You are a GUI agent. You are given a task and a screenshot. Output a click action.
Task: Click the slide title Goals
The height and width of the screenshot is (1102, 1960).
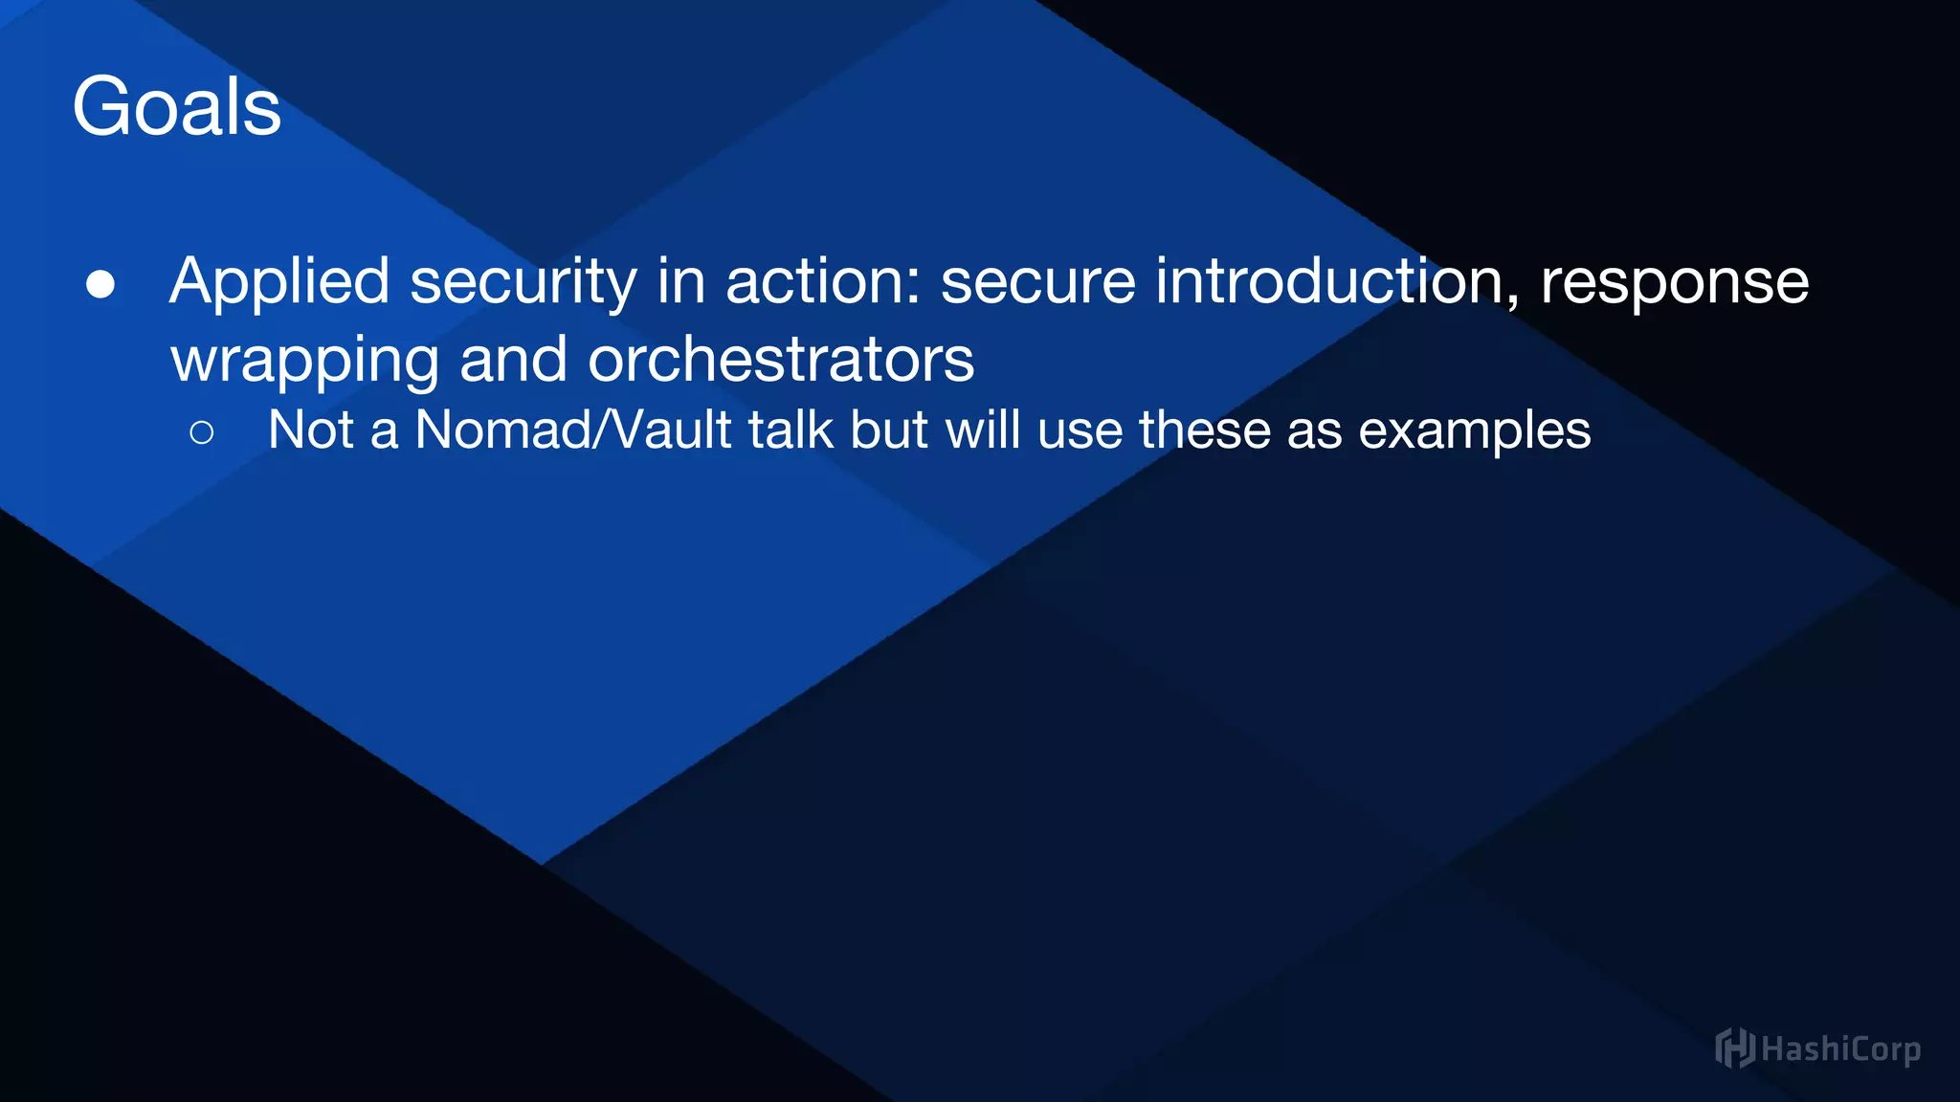[x=176, y=106]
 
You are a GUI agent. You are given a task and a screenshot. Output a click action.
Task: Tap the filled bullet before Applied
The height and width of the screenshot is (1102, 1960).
[x=100, y=284]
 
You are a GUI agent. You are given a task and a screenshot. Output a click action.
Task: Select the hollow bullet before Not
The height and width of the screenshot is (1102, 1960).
[x=202, y=432]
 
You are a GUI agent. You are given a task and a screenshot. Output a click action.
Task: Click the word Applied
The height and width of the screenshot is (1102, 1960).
[x=279, y=282]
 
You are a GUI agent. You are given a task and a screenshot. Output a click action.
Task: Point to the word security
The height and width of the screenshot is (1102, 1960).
[x=523, y=282]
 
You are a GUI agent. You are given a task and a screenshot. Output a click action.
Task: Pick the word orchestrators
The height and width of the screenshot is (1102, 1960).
[x=781, y=360]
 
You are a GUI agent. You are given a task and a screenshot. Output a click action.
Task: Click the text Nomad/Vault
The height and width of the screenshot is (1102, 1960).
[x=573, y=430]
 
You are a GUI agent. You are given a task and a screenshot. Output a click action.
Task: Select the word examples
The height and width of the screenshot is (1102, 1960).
[x=1475, y=431]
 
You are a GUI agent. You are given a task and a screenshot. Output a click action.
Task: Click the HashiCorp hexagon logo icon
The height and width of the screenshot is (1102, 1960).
[x=1734, y=1047]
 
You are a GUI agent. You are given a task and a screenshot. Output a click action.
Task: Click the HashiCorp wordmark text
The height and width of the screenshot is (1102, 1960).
[x=1840, y=1049]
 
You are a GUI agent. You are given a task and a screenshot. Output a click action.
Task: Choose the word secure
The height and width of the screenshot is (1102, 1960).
[x=1037, y=282]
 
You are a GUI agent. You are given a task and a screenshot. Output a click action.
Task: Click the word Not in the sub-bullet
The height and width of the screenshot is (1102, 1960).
[x=311, y=430]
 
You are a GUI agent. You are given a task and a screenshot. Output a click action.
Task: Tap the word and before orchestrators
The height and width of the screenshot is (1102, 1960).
[x=513, y=360]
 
